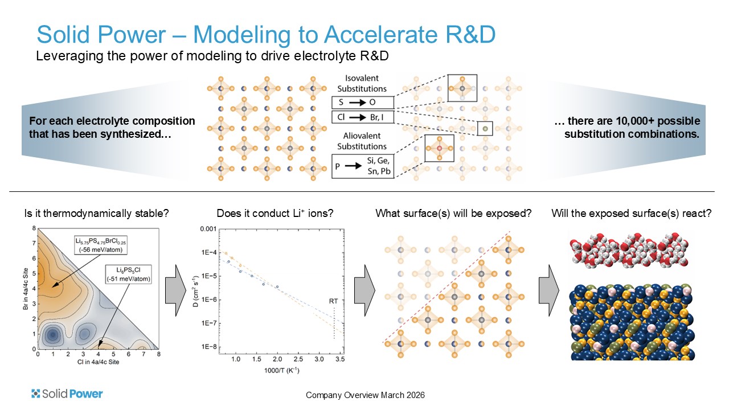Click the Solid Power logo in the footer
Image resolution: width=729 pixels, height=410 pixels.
pos(67,393)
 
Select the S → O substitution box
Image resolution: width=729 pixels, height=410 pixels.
pos(362,103)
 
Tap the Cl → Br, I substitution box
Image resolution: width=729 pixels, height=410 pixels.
pos(362,117)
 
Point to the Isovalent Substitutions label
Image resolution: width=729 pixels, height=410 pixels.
pos(362,83)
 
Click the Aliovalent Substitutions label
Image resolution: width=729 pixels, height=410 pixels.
pos(362,141)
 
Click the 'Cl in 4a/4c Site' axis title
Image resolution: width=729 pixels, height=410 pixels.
pos(97,362)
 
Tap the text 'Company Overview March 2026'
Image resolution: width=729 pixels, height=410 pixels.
pos(365,395)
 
